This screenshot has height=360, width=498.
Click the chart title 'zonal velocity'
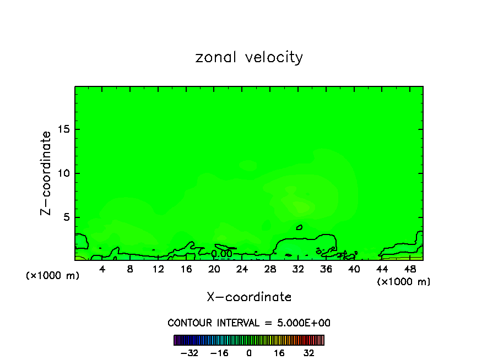pos(249,57)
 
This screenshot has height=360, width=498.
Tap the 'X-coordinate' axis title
pos(249,297)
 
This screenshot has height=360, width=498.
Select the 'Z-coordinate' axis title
pos(47,173)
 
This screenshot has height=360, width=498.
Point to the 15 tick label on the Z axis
pos(63,129)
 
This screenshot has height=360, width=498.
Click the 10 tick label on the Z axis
pos(63,173)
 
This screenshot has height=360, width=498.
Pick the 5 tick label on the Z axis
pos(66,217)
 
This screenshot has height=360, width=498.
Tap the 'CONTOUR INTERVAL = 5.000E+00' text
pos(249,323)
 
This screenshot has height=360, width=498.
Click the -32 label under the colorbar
pos(190,353)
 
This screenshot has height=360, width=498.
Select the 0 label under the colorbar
pos(249,353)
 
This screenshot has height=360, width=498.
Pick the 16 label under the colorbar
pos(279,353)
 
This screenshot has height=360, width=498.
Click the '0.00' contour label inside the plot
pos(221,254)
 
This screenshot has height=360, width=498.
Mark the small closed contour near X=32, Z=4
pos(299,227)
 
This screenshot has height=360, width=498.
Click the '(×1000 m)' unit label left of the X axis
pos(53,276)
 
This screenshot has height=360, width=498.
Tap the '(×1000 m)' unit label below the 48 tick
pos(404,282)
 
